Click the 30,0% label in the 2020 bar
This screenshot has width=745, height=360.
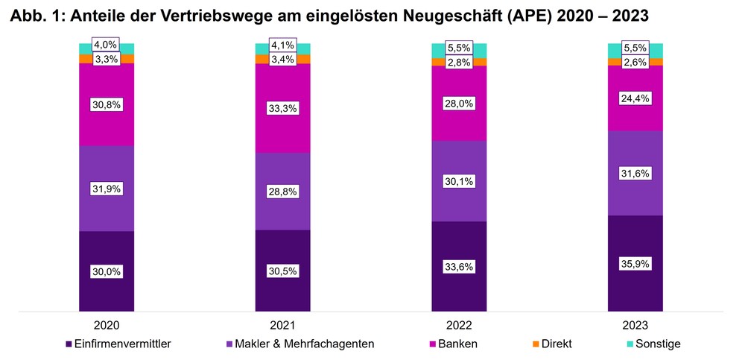(x=107, y=272)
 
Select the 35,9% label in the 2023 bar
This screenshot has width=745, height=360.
(x=635, y=263)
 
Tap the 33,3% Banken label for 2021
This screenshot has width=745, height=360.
(x=282, y=108)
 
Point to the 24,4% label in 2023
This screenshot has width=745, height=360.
(x=635, y=98)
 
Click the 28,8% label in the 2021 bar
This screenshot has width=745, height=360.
(x=282, y=192)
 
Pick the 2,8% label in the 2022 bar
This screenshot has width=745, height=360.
(x=459, y=62)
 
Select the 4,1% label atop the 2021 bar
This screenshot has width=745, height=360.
(x=282, y=44)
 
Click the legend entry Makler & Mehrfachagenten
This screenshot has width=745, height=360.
(x=302, y=344)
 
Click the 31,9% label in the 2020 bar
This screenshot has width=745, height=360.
(x=107, y=189)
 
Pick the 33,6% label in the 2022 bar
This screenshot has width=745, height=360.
(x=459, y=267)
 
